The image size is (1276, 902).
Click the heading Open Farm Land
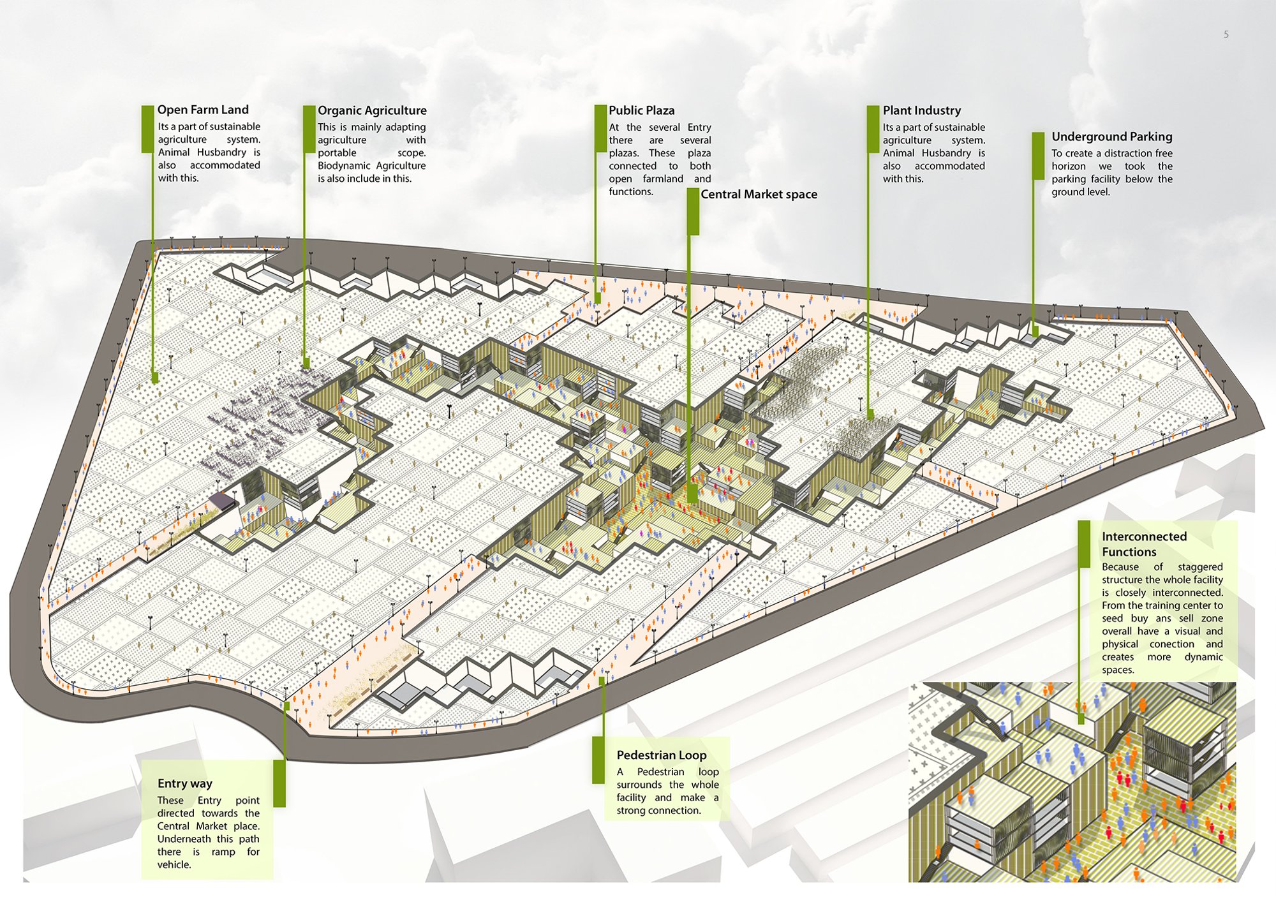[203, 110]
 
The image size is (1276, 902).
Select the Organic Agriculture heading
[372, 111]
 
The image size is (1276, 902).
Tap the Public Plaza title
[641, 110]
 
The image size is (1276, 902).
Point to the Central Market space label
[759, 195]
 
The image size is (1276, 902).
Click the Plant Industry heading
[921, 110]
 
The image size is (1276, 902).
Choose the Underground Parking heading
[1111, 137]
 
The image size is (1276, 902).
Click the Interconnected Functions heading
[1144, 544]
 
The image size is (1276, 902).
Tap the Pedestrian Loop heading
[661, 755]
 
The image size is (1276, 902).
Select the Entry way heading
[184, 783]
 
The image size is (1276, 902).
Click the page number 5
[1226, 34]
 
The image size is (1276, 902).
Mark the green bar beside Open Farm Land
[147, 129]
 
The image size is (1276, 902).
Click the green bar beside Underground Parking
[1038, 156]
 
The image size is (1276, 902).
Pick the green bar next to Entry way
[279, 783]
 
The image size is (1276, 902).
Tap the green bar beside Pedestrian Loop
[598, 760]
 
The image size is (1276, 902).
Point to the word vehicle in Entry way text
[174, 865]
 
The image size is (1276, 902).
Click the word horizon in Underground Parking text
[1069, 166]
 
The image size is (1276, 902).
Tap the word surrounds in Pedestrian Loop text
[639, 785]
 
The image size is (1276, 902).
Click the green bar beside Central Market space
[693, 212]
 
